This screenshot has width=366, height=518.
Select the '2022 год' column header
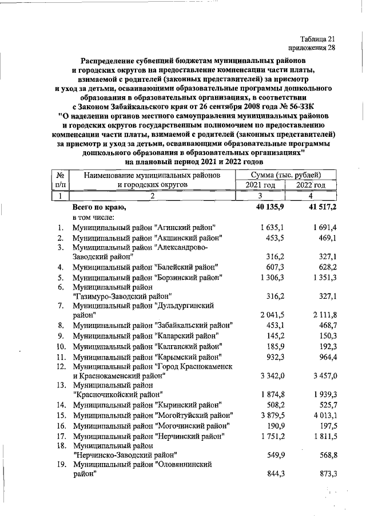pos(311,185)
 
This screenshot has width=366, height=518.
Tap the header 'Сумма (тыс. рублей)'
pos(285,175)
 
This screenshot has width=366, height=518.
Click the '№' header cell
pos(60,175)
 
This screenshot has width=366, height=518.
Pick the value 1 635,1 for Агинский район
pos(272,227)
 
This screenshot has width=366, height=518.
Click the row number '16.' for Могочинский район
pos(61,426)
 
